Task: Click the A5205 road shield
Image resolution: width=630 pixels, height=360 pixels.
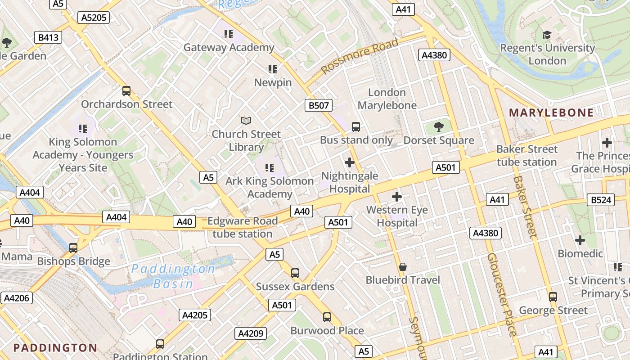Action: point(94,18)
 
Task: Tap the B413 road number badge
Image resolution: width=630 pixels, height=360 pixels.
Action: point(48,37)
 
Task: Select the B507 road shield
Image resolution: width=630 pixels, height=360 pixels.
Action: point(319,106)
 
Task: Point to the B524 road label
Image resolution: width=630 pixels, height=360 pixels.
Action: point(601,200)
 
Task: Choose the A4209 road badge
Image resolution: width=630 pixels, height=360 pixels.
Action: point(251,333)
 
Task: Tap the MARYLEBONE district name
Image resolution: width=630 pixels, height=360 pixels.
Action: point(551,112)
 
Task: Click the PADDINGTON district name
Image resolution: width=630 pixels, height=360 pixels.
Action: point(55,347)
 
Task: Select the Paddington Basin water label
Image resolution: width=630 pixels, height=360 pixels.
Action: point(173,276)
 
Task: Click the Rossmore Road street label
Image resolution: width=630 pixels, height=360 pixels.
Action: point(360,57)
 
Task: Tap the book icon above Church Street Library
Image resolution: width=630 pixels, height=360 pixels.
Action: point(246,121)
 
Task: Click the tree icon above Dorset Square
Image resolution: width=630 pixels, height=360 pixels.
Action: point(439,127)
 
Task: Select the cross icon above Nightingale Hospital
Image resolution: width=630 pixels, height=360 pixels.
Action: point(350,162)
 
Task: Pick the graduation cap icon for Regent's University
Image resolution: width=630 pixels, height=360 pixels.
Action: point(547,35)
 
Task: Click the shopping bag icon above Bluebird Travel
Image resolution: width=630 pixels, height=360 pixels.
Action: point(403,267)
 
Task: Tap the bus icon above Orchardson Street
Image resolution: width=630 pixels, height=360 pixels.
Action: point(126,91)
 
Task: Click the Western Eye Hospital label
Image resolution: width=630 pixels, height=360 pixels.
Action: point(397,216)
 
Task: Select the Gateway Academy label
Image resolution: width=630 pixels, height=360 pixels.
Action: point(229,47)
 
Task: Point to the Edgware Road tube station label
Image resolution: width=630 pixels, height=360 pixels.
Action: point(243,227)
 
